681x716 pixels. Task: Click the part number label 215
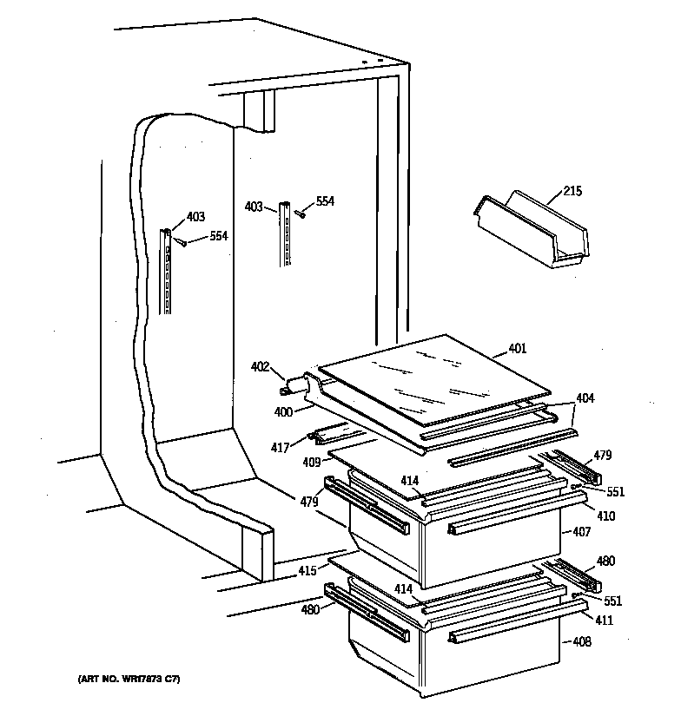click(x=573, y=191)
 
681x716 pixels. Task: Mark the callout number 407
click(x=581, y=531)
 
